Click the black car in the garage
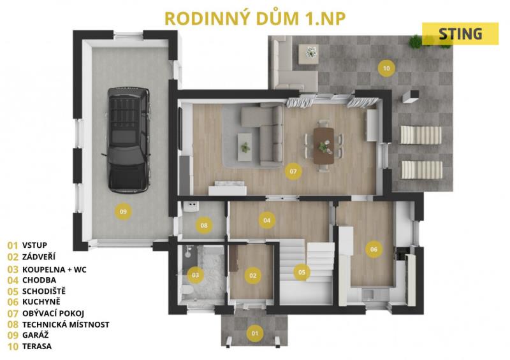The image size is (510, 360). (x=129, y=140)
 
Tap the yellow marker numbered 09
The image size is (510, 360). (x=123, y=212)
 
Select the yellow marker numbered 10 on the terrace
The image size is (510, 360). (x=386, y=68)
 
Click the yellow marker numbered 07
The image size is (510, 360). (x=293, y=171)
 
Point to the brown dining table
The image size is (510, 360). (x=324, y=145)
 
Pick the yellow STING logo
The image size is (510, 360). (x=460, y=34)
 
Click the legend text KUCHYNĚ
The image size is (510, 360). (x=41, y=302)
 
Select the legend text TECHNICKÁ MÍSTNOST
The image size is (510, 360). (x=66, y=324)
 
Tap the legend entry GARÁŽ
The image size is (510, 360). (x=36, y=335)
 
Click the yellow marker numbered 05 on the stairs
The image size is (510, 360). (x=302, y=272)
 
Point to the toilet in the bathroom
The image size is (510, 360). (x=187, y=291)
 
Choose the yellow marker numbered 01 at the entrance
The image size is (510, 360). (x=254, y=333)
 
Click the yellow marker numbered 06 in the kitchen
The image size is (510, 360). (x=374, y=249)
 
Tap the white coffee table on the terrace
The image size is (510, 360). (x=309, y=52)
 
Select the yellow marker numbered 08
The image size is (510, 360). (x=204, y=226)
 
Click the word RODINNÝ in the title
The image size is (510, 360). (x=208, y=18)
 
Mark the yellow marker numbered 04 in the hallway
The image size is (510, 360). (x=266, y=220)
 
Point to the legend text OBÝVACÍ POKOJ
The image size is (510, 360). (x=53, y=313)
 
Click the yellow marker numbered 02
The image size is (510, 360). (x=252, y=276)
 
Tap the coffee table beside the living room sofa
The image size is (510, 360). (x=245, y=147)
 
